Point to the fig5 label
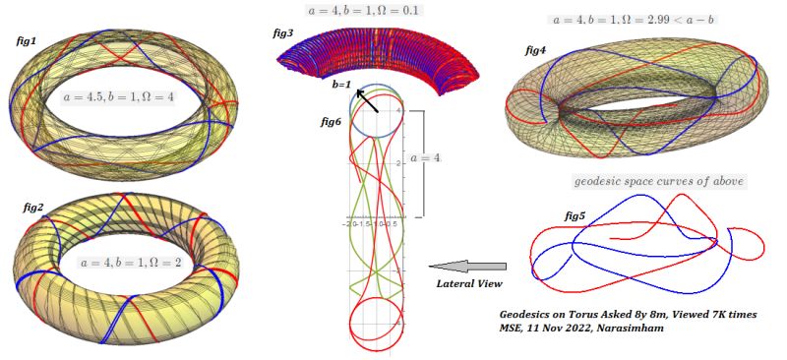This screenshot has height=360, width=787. (x=576, y=214)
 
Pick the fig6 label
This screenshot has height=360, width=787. (x=333, y=121)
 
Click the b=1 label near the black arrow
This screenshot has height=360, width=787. (x=342, y=87)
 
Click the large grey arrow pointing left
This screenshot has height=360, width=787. (x=468, y=266)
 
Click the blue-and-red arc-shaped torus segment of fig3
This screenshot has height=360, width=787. (x=379, y=54)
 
